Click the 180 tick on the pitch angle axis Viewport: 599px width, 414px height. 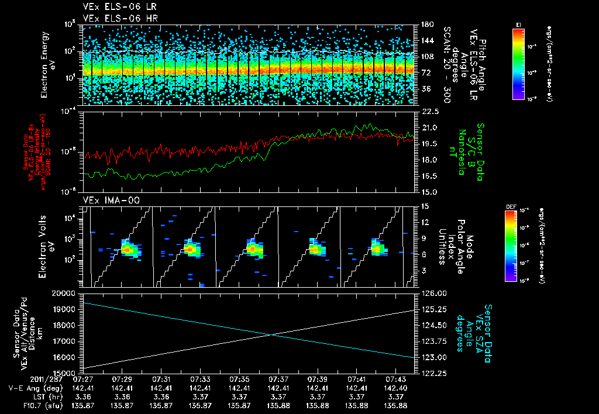pyautogui.click(x=426, y=25)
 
